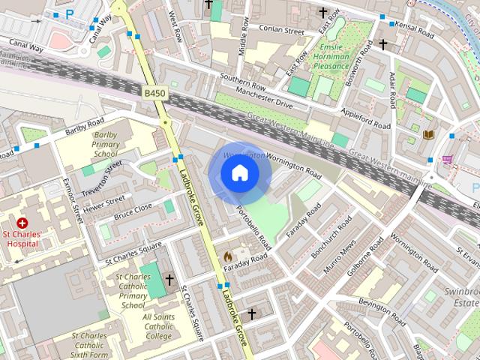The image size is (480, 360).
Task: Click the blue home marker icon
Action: [x=240, y=173]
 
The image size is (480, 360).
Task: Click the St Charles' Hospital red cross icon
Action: [x=22, y=223]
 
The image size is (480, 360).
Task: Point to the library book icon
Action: [x=428, y=135]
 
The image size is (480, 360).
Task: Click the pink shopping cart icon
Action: [x=448, y=160]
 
